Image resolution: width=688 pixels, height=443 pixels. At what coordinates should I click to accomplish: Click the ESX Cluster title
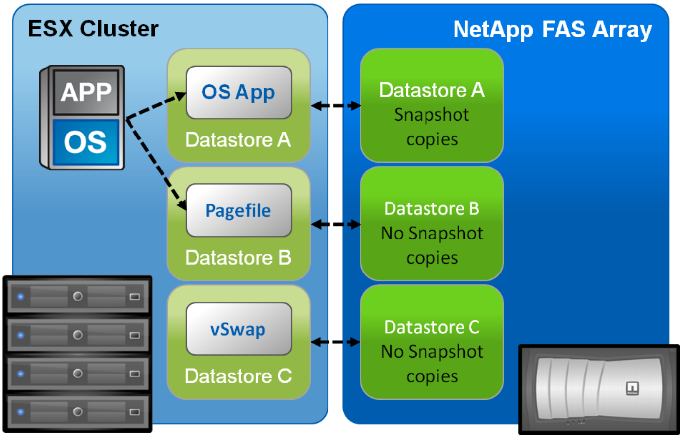tap(93, 29)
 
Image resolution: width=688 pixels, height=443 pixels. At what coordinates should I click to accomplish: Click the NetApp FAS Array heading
tap(552, 30)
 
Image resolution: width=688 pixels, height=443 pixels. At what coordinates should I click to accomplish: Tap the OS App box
tap(238, 93)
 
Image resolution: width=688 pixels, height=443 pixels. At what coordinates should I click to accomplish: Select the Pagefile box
tap(238, 210)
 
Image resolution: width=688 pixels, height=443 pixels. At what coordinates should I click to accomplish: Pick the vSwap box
tap(238, 329)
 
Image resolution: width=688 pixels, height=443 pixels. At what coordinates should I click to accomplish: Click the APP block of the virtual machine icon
tap(86, 92)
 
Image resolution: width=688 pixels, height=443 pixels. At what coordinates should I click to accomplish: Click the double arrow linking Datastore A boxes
tap(335, 105)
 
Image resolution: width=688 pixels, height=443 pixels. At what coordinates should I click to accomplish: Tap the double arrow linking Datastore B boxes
tap(335, 224)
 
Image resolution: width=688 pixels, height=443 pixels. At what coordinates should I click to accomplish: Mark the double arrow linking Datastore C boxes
tap(335, 342)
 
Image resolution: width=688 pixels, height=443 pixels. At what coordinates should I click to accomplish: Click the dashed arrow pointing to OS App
tap(155, 106)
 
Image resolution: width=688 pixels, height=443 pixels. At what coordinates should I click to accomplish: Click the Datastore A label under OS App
tap(238, 140)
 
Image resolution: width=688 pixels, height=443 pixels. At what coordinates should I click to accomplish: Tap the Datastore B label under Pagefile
tap(238, 258)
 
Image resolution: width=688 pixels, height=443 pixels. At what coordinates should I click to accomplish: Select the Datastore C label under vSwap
tap(238, 376)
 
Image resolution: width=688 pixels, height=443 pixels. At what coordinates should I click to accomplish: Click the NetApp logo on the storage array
tap(632, 388)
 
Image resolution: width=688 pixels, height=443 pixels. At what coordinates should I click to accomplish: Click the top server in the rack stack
tap(77, 296)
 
